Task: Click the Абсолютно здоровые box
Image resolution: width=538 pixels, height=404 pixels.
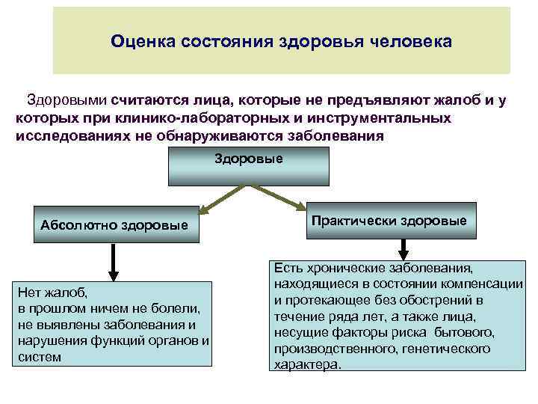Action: click(x=115, y=225)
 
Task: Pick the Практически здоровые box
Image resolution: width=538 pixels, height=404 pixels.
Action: click(x=389, y=221)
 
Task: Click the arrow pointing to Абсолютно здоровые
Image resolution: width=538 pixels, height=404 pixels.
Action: click(x=222, y=199)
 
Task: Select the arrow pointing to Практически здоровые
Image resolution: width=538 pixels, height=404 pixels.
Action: click(x=276, y=198)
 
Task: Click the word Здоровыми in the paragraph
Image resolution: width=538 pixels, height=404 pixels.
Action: click(x=67, y=100)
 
